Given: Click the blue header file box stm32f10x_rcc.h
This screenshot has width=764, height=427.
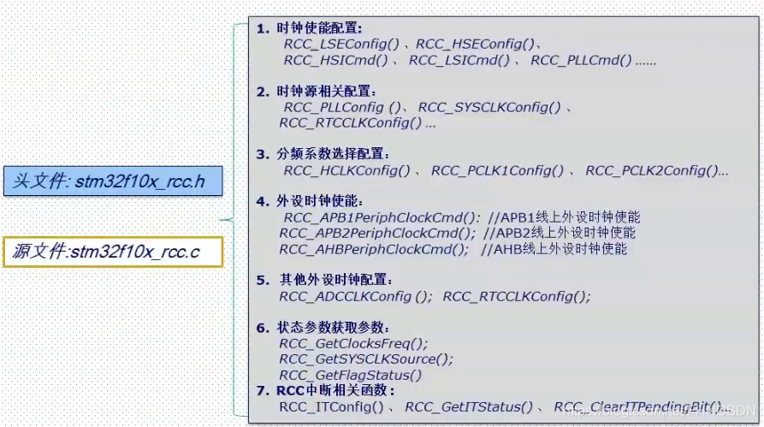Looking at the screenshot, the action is pos(113,181).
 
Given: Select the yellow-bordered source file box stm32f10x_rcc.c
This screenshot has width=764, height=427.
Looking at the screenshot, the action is pos(113,252).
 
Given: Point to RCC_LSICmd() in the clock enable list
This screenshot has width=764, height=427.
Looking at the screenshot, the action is pos(459,61).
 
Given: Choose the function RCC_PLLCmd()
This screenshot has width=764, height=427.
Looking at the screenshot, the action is pos(581,61).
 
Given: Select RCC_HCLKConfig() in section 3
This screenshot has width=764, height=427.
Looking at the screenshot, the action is pos(346,171).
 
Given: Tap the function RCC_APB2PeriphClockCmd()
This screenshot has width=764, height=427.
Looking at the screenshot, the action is pos(377,233).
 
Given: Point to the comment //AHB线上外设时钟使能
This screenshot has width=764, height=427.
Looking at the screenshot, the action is pos(554,249).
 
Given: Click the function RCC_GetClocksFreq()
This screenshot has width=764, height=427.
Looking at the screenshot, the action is pos(353,343).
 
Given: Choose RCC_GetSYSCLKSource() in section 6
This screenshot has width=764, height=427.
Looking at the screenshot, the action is pos(366,359).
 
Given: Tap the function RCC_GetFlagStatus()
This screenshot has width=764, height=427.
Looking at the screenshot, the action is pos(351,375).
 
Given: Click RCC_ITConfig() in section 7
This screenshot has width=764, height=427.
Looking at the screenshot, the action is pos(331,406).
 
